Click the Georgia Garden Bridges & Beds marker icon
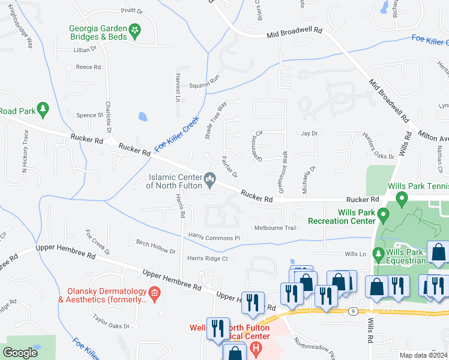click(x=135, y=29)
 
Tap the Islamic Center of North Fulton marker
click(x=210, y=178)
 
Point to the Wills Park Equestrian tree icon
click(x=378, y=255)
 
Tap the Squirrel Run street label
click(x=205, y=86)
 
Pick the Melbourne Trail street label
click(x=276, y=228)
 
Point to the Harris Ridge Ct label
click(x=208, y=259)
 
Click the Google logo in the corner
click(x=20, y=353)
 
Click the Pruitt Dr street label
click(x=131, y=11)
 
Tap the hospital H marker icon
click(x=256, y=347)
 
